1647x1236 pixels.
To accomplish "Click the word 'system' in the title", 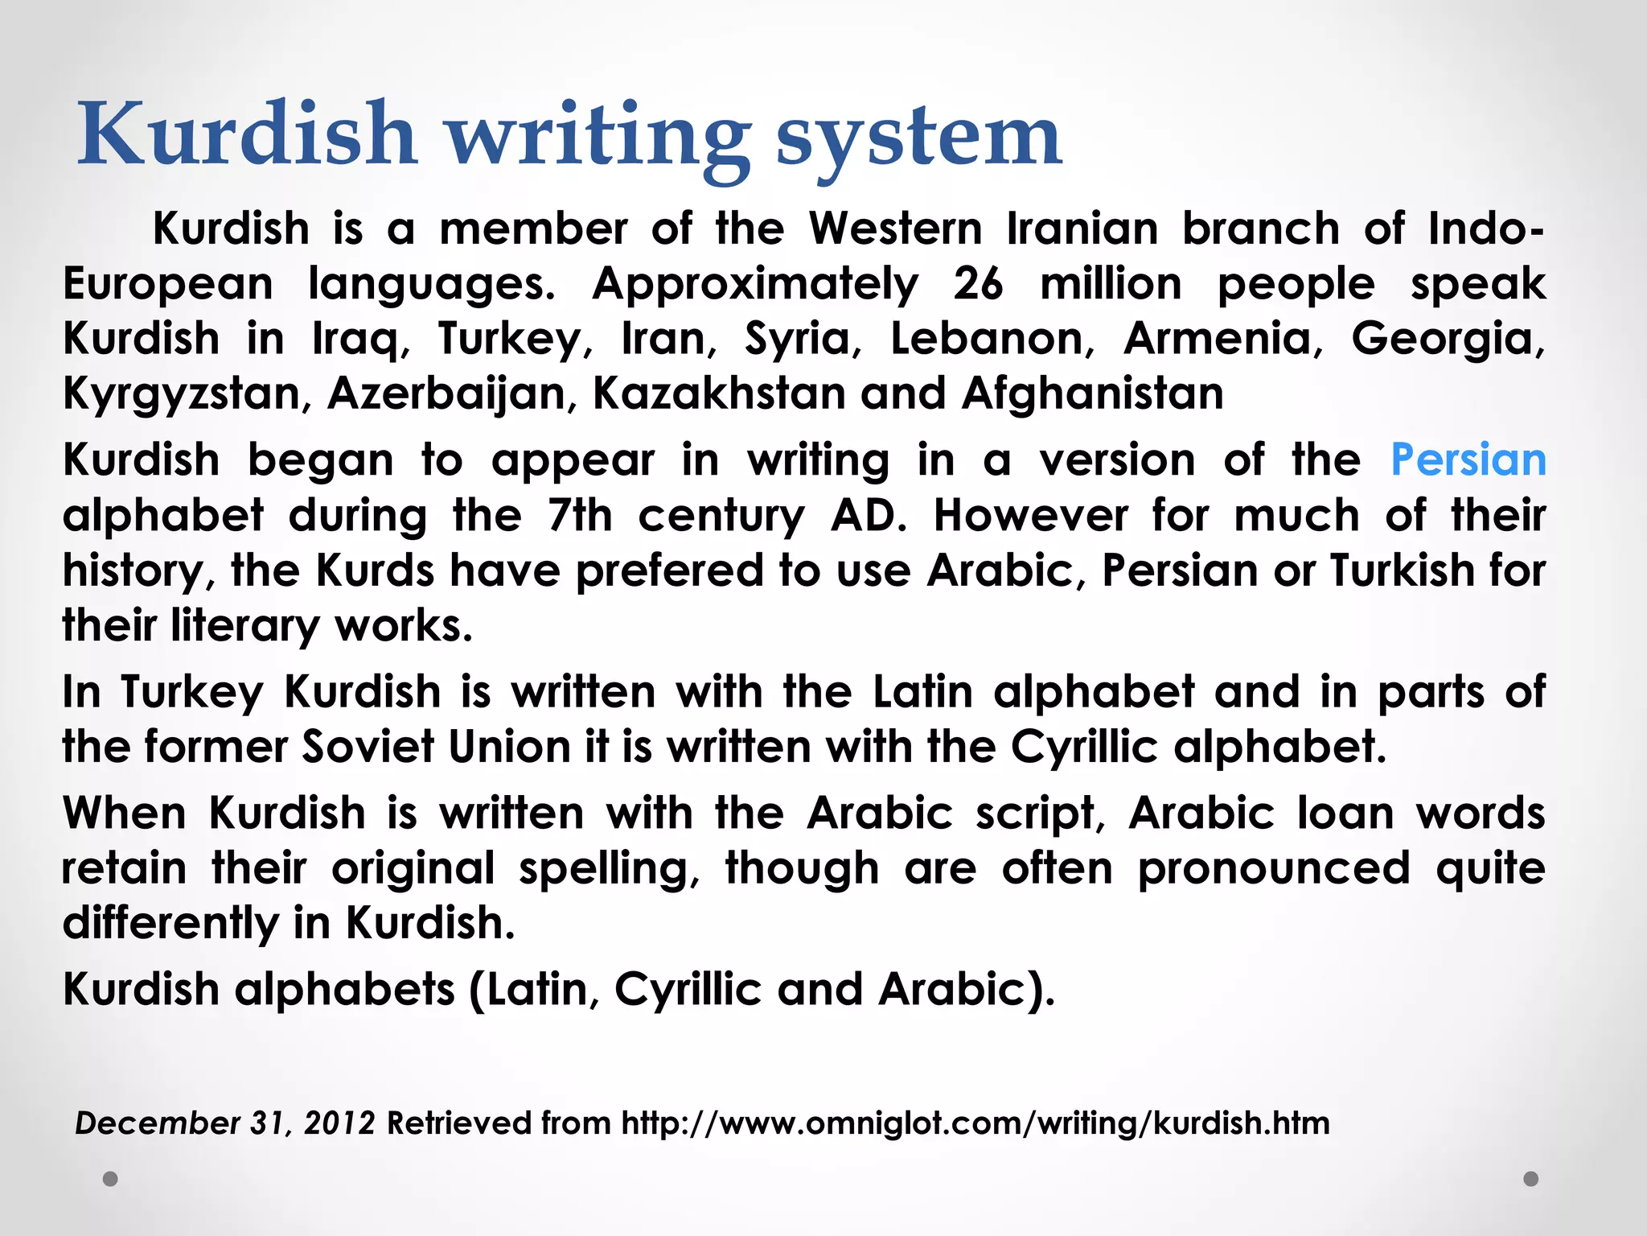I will click(918, 137).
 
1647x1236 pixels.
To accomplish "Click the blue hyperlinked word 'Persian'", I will click(1468, 460).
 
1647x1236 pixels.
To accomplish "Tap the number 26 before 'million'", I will click(978, 284).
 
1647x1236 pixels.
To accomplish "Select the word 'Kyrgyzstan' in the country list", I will click(182, 394).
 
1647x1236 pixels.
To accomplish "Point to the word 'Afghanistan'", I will click(1092, 394).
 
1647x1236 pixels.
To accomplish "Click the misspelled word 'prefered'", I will click(669, 571).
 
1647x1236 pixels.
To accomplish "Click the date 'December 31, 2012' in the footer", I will click(224, 1123).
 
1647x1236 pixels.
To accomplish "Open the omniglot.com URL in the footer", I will click(975, 1123).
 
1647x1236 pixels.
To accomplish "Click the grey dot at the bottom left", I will click(111, 1179).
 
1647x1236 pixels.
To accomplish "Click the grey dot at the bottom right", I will click(1531, 1179).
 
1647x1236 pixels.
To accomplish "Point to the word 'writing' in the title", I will click(598, 137).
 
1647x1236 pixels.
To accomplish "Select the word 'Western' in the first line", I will click(895, 229).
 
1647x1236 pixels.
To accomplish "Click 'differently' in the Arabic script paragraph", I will click(170, 923).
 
